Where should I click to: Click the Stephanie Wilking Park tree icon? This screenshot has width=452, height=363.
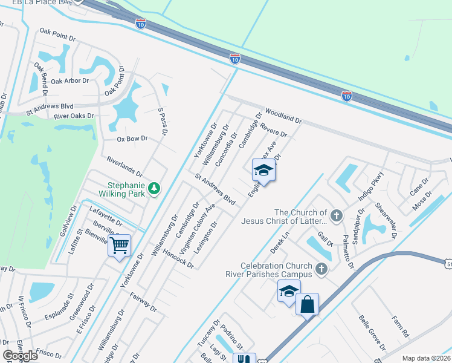155,189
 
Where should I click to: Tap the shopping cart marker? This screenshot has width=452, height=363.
120,246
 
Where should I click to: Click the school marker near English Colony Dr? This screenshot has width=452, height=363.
263,171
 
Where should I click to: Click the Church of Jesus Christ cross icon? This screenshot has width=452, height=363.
337,214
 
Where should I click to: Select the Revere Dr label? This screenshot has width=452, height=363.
273,129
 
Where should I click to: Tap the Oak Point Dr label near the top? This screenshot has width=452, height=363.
57,33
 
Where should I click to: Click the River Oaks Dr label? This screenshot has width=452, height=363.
74,116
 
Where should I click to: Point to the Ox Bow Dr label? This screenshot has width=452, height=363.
132,139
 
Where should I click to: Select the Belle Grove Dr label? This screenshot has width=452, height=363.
372,332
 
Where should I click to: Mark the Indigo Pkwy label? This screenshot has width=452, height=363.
370,186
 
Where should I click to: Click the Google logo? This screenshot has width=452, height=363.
20,356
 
